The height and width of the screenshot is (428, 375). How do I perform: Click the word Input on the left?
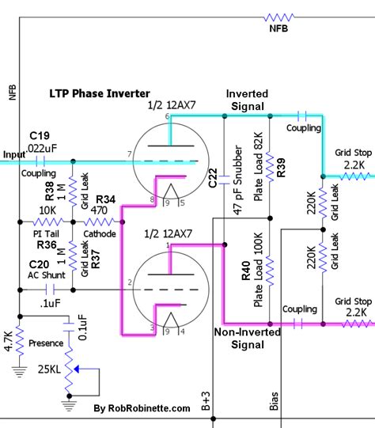click(x=14, y=154)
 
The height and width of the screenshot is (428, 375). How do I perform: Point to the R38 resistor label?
click(x=50, y=190)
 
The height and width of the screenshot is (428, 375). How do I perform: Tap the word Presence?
click(x=46, y=344)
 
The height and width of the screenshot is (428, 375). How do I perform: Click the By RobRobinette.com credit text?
click(x=142, y=408)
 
